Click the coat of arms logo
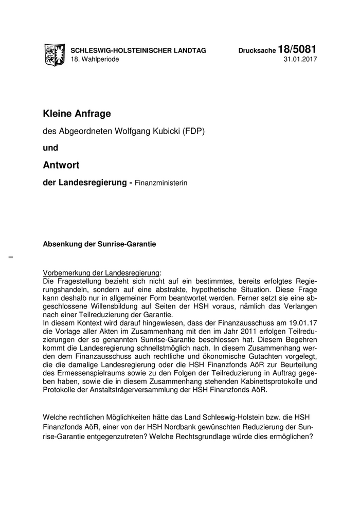coord(55,54)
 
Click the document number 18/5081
coord(297,49)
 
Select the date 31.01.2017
coord(300,60)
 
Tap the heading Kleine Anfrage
coord(77,113)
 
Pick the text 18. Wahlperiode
coord(95,60)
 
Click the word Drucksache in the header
coord(257,51)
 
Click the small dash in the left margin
coord(11,256)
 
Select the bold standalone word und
coord(50,148)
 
